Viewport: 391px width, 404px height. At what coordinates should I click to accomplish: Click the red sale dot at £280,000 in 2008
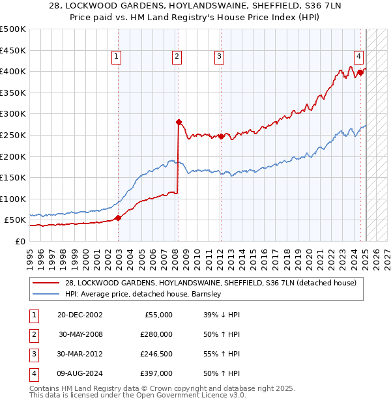click(x=179, y=122)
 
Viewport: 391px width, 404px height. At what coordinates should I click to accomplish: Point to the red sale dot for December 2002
click(x=118, y=218)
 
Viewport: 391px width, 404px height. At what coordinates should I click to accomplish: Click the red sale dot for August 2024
click(x=360, y=72)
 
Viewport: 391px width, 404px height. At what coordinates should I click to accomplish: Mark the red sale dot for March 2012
click(x=221, y=136)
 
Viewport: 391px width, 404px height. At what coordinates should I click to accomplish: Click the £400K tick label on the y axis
click(x=13, y=71)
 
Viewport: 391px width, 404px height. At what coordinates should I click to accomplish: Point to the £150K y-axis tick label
click(x=13, y=177)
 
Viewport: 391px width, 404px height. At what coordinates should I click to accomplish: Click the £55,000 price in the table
click(x=158, y=315)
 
